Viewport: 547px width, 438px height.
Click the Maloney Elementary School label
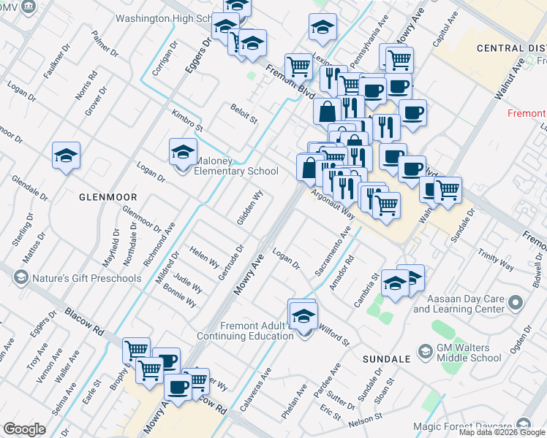[235, 166]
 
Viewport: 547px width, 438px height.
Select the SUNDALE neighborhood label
[385, 360]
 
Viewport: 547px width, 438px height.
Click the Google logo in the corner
[24, 429]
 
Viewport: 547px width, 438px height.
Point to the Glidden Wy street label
[249, 207]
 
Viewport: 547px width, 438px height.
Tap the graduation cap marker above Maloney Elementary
[183, 153]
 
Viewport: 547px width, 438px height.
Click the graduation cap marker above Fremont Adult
[303, 316]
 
